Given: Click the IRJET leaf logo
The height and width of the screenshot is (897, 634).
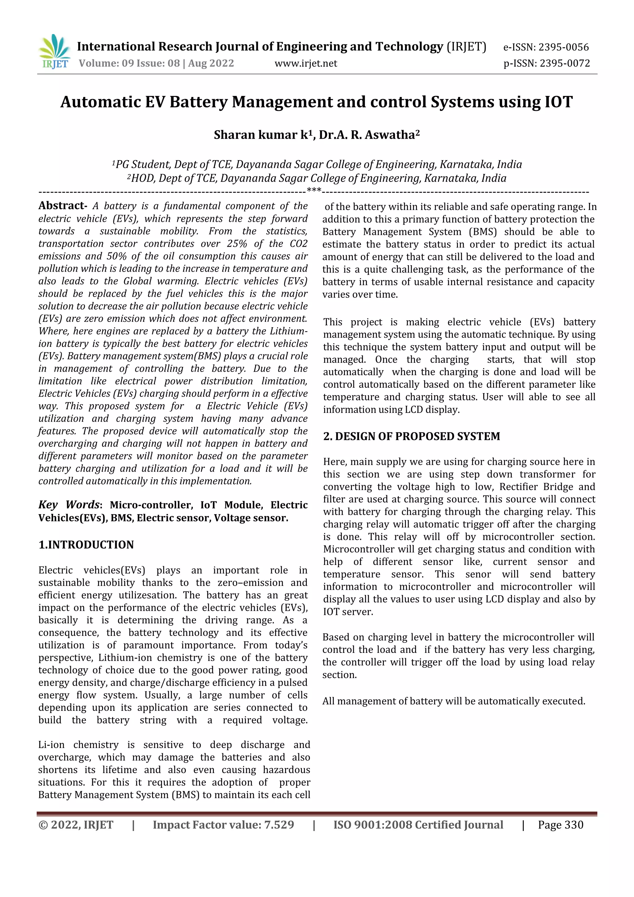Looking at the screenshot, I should point(55,51).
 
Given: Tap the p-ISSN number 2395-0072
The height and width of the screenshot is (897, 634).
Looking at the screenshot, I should point(565,63).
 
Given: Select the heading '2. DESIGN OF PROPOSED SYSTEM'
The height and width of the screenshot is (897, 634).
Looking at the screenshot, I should point(411,436).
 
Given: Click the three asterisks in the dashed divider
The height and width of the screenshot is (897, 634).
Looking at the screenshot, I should point(314,191).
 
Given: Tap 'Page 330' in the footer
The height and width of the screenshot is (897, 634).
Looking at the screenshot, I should point(560,825).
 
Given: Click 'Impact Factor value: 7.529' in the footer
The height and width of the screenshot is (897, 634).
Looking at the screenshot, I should point(223,825).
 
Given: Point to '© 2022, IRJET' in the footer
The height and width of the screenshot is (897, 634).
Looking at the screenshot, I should point(76,825).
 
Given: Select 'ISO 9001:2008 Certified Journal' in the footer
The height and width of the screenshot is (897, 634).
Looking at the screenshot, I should point(418,825).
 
